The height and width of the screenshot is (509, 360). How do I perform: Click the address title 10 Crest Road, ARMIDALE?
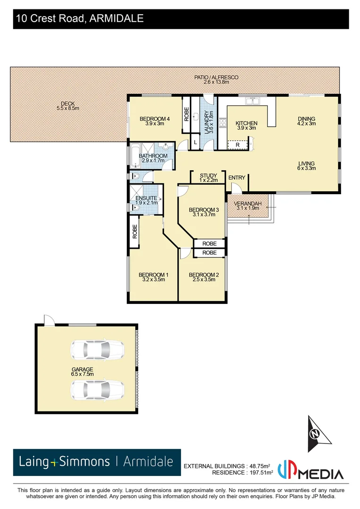pyautogui.click(x=80, y=19)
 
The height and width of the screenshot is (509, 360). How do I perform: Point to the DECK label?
pyautogui.click(x=67, y=104)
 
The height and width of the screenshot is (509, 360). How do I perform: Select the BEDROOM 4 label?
pyautogui.click(x=154, y=119)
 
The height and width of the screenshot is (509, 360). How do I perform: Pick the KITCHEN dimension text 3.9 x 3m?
pyautogui.click(x=246, y=128)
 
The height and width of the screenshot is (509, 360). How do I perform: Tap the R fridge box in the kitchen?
pyautogui.click(x=237, y=145)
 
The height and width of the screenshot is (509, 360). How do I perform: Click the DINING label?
pyautogui.click(x=306, y=119)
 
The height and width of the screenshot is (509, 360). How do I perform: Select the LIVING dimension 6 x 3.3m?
pyautogui.click(x=306, y=168)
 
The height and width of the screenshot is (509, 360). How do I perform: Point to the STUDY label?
pyautogui.click(x=208, y=175)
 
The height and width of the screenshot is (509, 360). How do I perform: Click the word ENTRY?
pyautogui.click(x=237, y=178)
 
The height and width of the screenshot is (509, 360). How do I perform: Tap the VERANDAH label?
pyautogui.click(x=247, y=204)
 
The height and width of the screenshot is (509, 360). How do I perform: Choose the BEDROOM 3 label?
pyautogui.click(x=204, y=210)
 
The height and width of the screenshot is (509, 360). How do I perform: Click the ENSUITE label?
pyautogui.click(x=146, y=198)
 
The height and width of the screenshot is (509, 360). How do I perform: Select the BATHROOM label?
pyautogui.click(x=155, y=156)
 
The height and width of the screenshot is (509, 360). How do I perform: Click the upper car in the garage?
pyautogui.click(x=97, y=350)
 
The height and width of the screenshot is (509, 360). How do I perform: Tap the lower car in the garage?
pyautogui.click(x=97, y=389)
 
